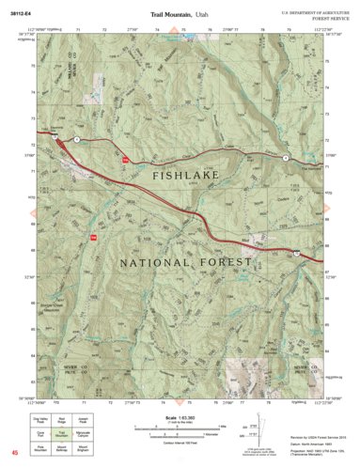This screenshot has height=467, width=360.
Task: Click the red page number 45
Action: (14, 453)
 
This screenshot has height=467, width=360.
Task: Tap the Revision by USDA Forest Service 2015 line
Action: (313, 425)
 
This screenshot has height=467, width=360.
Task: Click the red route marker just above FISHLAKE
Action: (123, 160)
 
